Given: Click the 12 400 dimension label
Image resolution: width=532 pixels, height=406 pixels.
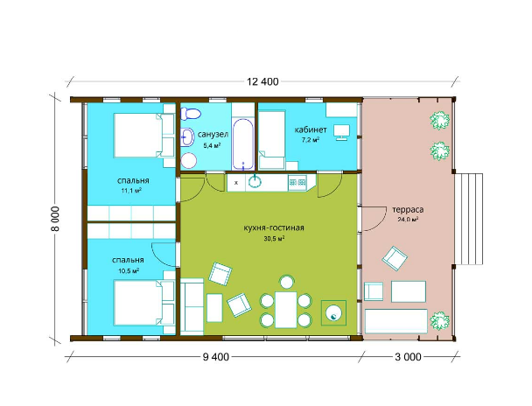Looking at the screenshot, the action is tap(262, 81).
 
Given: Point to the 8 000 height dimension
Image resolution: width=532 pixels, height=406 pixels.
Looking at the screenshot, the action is tap(55, 219).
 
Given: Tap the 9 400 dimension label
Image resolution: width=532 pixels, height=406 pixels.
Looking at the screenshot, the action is tap(216, 357).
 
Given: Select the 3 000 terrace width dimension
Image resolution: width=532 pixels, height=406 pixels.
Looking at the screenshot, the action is tap(408, 357).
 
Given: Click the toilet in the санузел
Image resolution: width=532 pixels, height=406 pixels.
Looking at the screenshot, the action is tap(190, 114).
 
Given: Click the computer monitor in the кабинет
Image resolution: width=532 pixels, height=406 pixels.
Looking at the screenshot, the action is tap(341, 132).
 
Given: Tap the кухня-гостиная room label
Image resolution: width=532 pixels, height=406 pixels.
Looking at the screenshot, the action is tap(274, 227).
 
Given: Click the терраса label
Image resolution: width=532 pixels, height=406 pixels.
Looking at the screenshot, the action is tap(408, 209).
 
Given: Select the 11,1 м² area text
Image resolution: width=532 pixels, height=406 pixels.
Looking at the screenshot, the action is tap(131, 191).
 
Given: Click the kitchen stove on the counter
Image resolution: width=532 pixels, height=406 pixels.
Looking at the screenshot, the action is tap(297, 183).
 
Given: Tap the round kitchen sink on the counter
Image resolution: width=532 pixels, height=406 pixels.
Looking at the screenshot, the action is tap(255, 181).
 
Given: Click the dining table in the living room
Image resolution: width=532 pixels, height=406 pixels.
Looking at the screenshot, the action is tap(285, 310).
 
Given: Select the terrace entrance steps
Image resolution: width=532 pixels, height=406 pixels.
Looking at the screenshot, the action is tap(469, 219).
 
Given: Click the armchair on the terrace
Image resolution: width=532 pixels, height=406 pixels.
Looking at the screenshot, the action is tap(395, 258).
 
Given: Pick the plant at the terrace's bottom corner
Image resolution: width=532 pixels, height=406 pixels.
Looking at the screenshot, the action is tap(440, 320).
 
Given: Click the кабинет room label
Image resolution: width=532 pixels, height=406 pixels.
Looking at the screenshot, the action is tap(311, 129).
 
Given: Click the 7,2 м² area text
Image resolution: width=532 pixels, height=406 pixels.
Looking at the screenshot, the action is tap(311, 140).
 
